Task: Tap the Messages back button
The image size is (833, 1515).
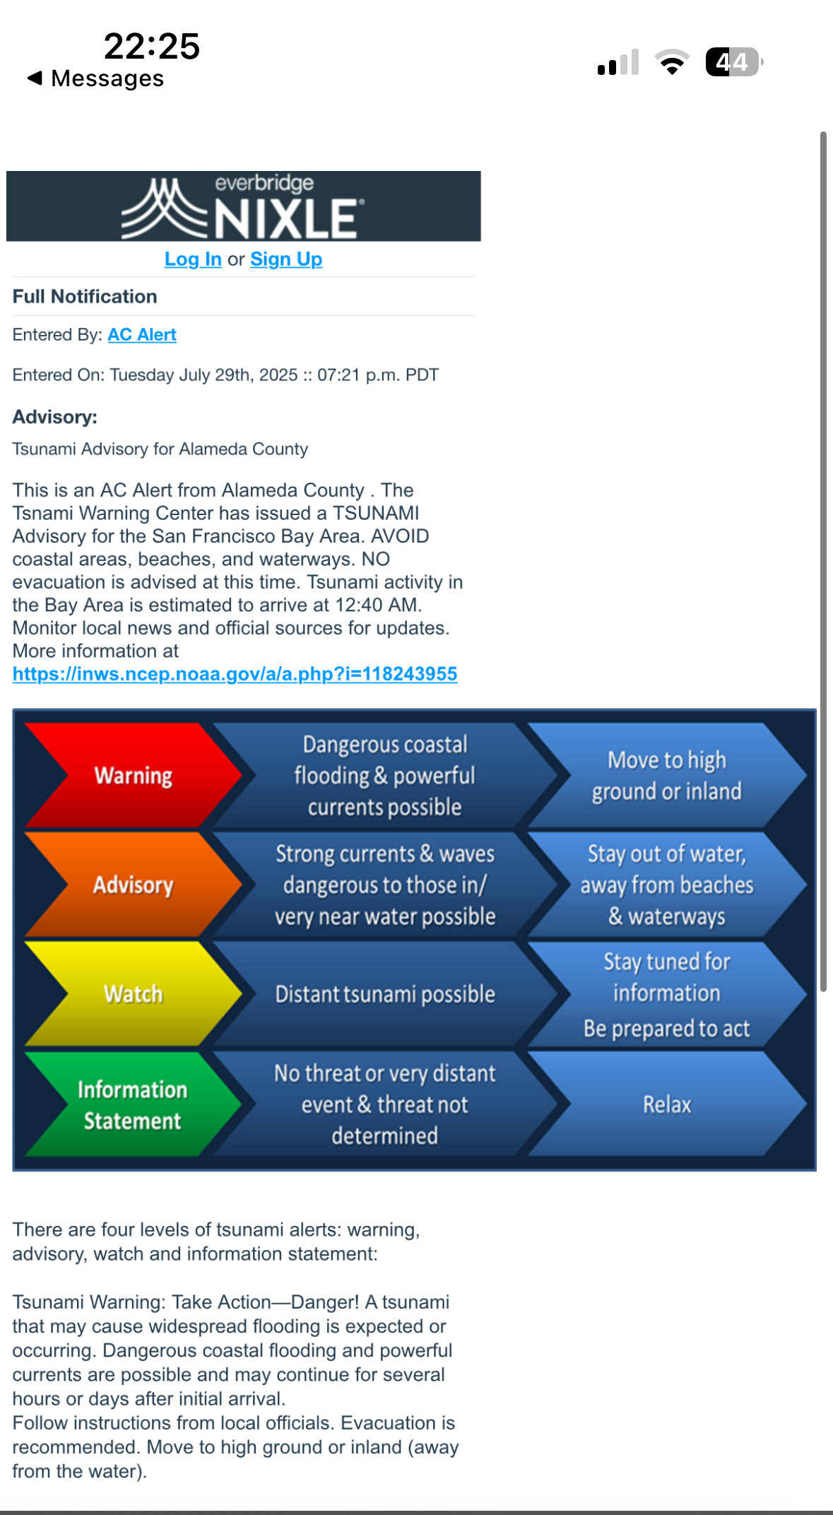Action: (x=95, y=78)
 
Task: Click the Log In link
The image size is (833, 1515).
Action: (x=193, y=259)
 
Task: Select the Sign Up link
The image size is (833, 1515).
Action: (x=286, y=259)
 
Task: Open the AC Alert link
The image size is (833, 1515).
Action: (x=141, y=335)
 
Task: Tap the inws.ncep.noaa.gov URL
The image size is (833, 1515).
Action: (x=235, y=674)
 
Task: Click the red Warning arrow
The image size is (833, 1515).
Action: (x=133, y=776)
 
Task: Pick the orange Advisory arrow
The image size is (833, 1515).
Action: (x=133, y=885)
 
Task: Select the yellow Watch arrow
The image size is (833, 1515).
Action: (x=133, y=994)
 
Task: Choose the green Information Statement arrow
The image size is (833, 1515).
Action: (x=133, y=1104)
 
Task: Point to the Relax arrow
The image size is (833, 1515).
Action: (x=666, y=1104)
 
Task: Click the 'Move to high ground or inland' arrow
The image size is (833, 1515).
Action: (x=666, y=776)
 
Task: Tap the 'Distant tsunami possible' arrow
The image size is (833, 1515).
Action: (x=385, y=994)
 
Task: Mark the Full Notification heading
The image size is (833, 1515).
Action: (x=85, y=297)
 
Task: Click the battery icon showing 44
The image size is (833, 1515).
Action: (x=733, y=62)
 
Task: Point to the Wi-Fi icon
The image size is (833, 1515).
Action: (x=672, y=62)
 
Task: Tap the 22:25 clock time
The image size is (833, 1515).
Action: (x=152, y=47)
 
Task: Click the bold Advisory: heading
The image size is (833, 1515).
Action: (x=54, y=417)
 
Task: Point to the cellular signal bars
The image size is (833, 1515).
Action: (x=618, y=62)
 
